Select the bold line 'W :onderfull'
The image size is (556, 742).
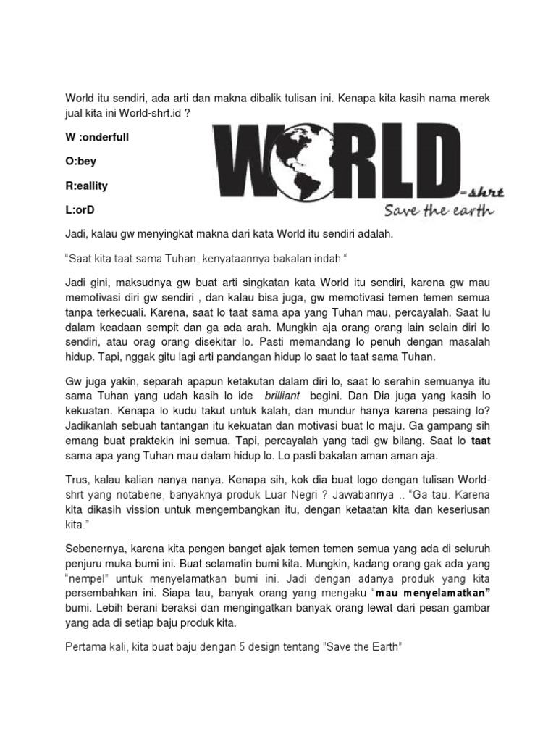tap(97, 137)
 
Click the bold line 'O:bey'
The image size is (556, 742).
tap(80, 162)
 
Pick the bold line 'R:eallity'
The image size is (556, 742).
tap(86, 186)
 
